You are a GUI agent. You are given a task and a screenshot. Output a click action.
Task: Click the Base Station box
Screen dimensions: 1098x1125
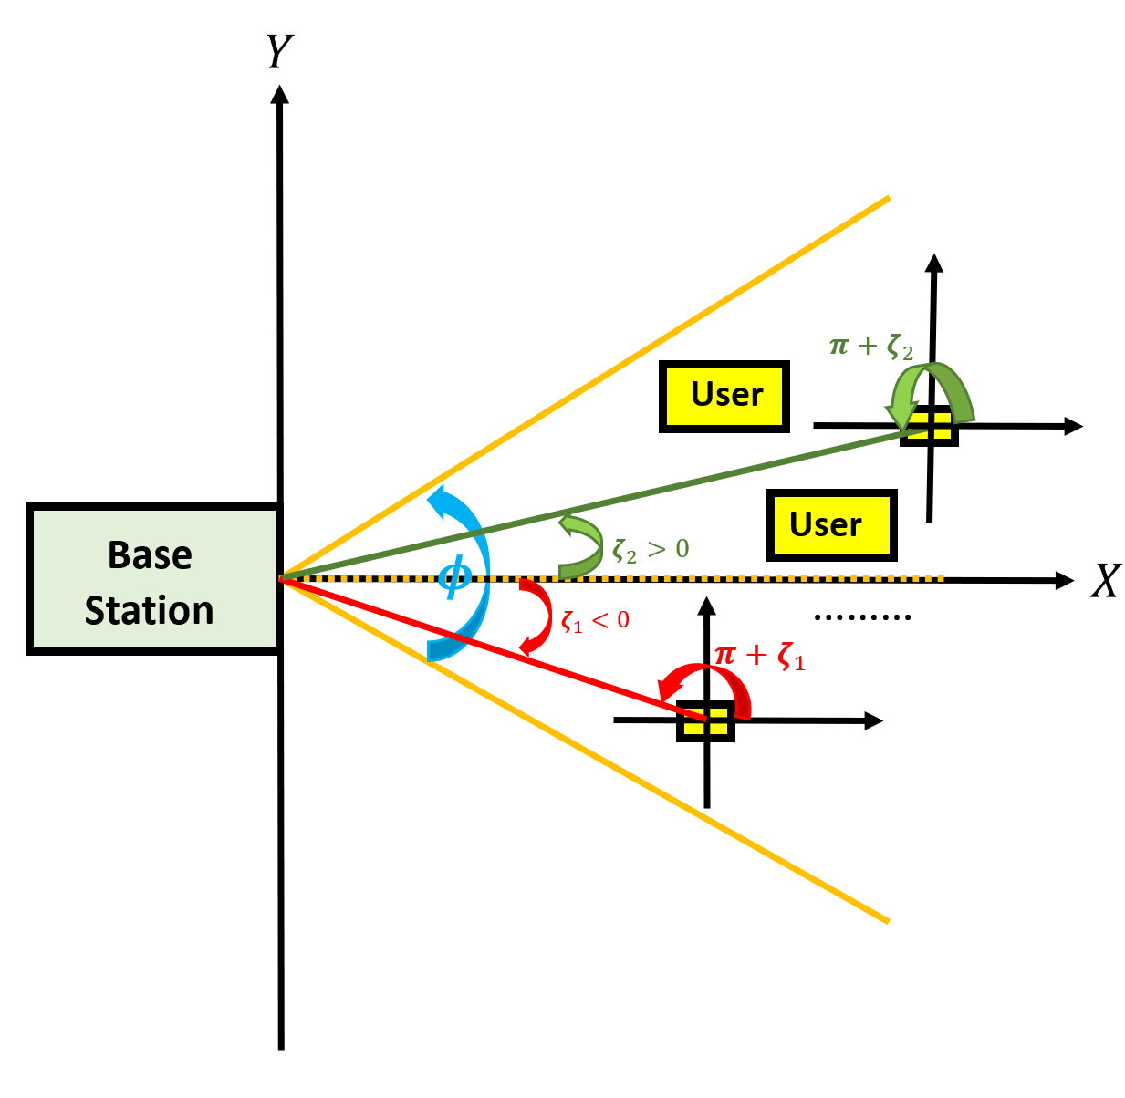tap(152, 580)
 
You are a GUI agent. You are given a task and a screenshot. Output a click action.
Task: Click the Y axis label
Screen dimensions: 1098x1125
tap(279, 52)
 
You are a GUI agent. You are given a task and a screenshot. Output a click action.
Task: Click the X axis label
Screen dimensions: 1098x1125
tap(1104, 581)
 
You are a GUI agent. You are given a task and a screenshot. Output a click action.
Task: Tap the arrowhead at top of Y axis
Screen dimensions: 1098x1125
tap(280, 94)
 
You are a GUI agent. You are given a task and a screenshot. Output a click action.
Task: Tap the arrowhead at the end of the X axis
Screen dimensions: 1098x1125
tap(1064, 580)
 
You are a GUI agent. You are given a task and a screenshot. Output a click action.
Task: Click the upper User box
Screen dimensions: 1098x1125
tap(724, 396)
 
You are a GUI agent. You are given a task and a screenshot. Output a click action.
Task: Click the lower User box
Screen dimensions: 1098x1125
tap(831, 525)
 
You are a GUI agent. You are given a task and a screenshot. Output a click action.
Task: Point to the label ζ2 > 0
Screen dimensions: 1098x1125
tap(651, 550)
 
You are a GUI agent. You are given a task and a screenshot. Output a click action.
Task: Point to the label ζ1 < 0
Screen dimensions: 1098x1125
tap(595, 621)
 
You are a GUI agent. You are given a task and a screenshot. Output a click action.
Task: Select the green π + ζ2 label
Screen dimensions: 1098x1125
tap(870, 347)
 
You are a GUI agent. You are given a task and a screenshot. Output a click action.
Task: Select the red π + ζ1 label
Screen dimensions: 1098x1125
tap(759, 656)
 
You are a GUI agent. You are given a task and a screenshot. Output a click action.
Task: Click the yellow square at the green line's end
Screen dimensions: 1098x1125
tap(929, 426)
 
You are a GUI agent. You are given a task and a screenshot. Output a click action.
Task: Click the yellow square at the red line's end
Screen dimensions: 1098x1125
tap(705, 720)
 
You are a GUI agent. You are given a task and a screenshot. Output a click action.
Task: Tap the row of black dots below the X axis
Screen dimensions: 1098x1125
tap(862, 618)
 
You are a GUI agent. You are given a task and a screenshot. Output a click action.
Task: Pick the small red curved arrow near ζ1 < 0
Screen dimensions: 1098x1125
tap(537, 617)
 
